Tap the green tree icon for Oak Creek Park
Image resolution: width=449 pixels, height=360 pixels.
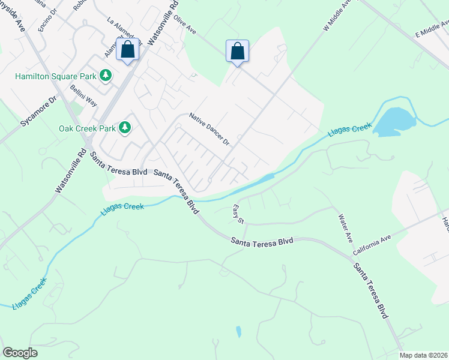pos(125,127)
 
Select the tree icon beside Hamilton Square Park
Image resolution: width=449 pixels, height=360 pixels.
pos(106,75)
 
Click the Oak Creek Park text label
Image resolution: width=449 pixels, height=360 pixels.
pos(86,128)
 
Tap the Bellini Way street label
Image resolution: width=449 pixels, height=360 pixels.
pos(83,96)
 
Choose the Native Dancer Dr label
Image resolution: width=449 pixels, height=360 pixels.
pos(209,129)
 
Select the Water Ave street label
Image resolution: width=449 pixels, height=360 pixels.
pos(345,229)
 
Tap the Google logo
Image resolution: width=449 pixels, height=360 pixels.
pos(20,353)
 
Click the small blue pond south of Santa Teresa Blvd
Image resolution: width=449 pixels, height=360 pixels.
pos(239,331)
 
